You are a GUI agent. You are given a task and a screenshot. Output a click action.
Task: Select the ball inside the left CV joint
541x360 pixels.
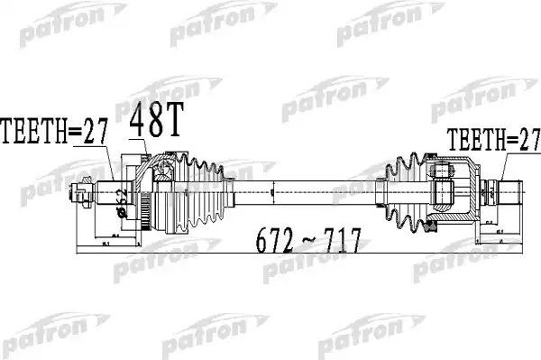pos(163,169)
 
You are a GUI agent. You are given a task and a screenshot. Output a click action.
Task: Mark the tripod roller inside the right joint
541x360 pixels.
pos(442,190)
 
